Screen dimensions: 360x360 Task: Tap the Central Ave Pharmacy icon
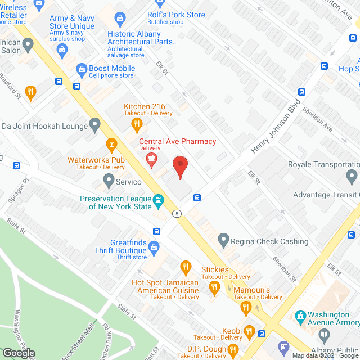pos(151,158)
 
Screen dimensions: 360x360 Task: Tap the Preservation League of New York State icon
pos(160,200)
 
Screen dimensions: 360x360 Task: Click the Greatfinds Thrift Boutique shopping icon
pos(154,246)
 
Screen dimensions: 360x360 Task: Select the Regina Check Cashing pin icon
pos(223,241)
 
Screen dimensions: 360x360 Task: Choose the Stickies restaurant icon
pos(184,266)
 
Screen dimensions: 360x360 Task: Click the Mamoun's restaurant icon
pos(214,288)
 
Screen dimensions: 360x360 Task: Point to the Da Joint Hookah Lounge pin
pos(95,123)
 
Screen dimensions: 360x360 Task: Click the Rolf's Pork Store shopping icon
pos(120,20)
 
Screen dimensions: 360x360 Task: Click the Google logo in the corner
pos(19,353)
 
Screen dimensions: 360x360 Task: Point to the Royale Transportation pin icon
pos(352,176)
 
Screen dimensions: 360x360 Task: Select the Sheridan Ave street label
pos(318,119)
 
